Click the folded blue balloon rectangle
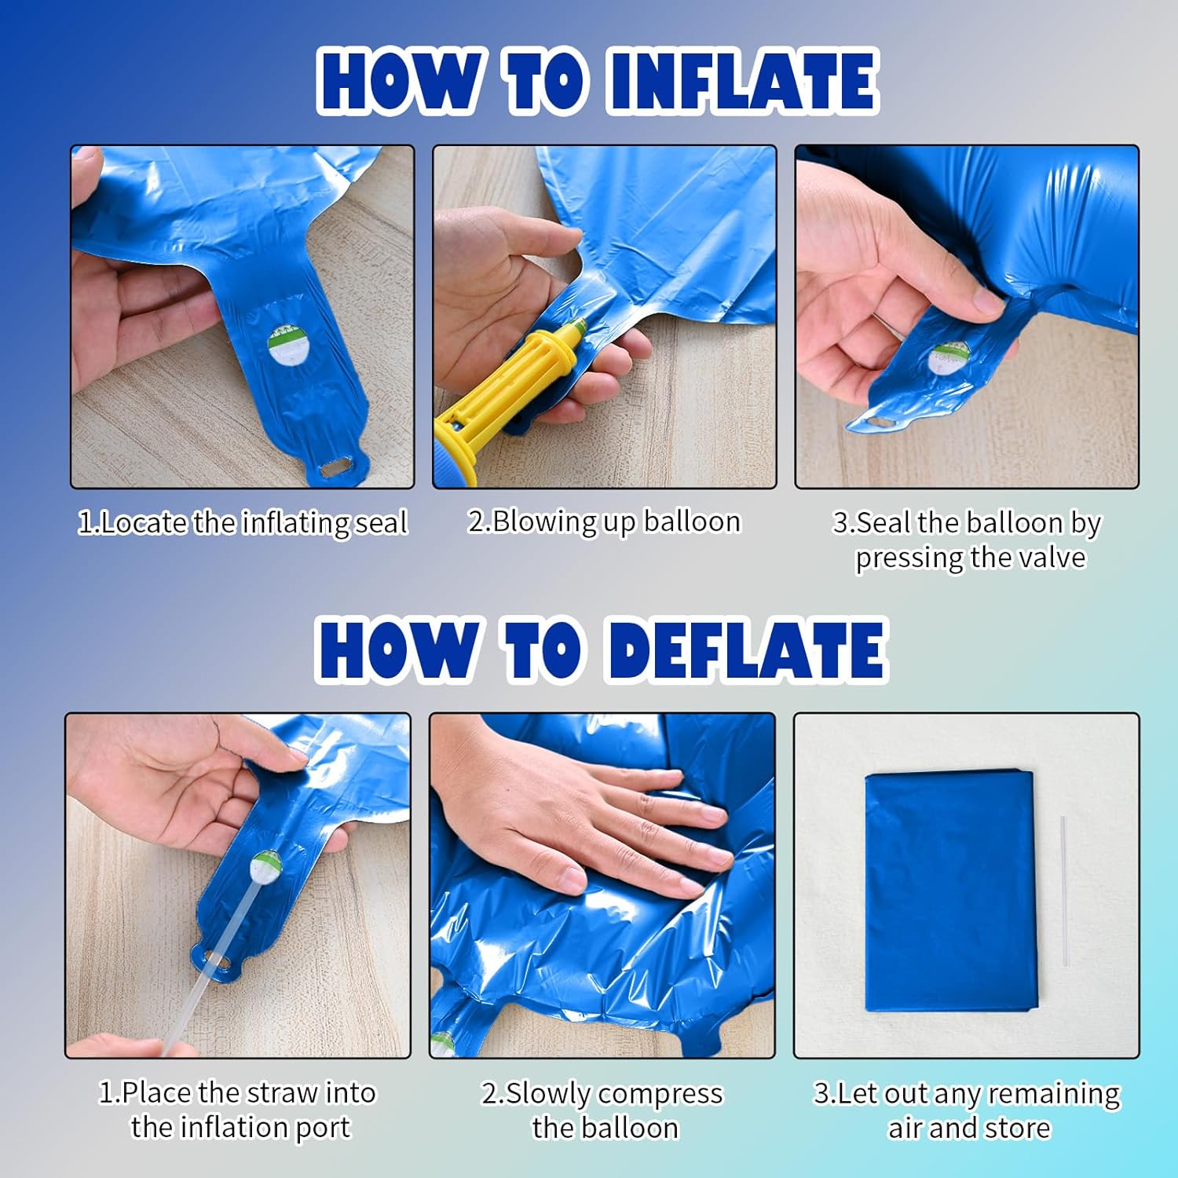coord(951,891)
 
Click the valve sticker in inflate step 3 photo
coord(949,358)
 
